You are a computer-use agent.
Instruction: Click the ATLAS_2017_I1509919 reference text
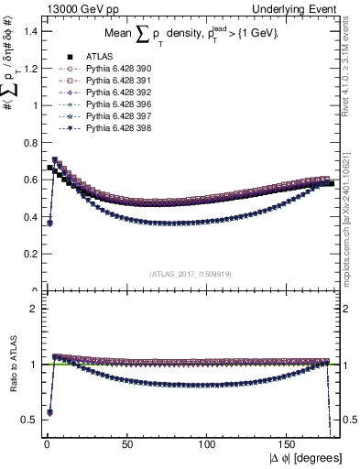[191, 272]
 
